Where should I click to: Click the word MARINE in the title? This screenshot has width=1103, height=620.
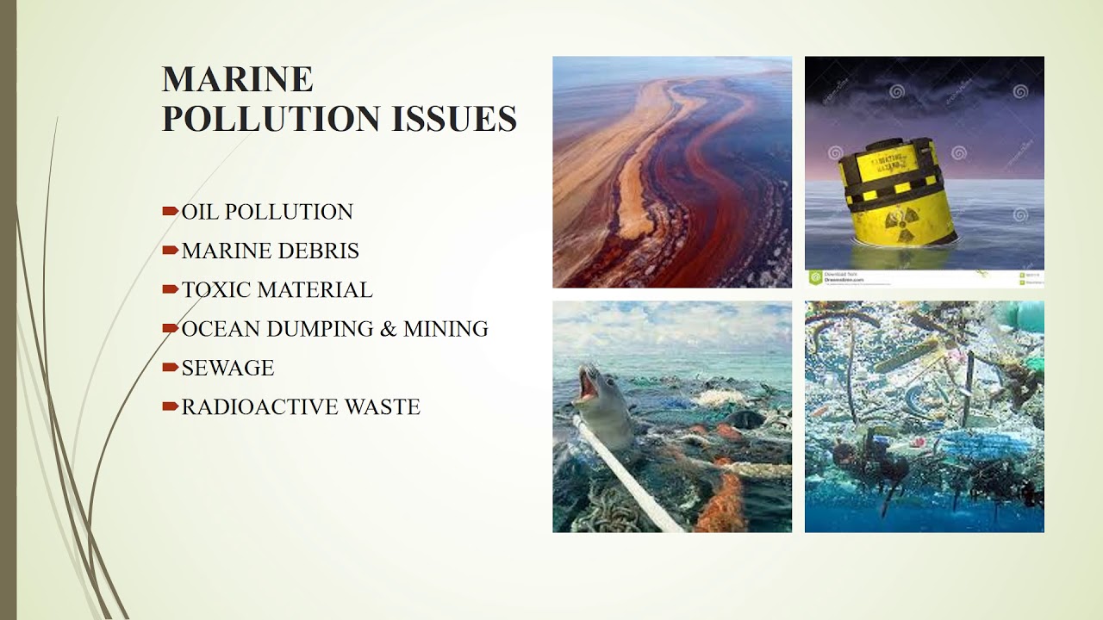237,79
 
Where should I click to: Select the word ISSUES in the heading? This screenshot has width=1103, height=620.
454,119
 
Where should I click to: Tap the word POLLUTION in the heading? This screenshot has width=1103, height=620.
271,119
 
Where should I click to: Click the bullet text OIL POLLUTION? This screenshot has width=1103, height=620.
267,212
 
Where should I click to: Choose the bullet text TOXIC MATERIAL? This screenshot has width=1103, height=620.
277,290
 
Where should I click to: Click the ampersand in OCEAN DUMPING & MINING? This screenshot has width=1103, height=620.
388,329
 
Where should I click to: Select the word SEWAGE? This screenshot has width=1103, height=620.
227,368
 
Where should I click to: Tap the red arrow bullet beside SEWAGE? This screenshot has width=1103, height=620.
170,367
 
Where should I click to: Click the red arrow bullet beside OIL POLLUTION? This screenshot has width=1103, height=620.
170,211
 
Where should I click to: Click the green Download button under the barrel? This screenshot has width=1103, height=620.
815,277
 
